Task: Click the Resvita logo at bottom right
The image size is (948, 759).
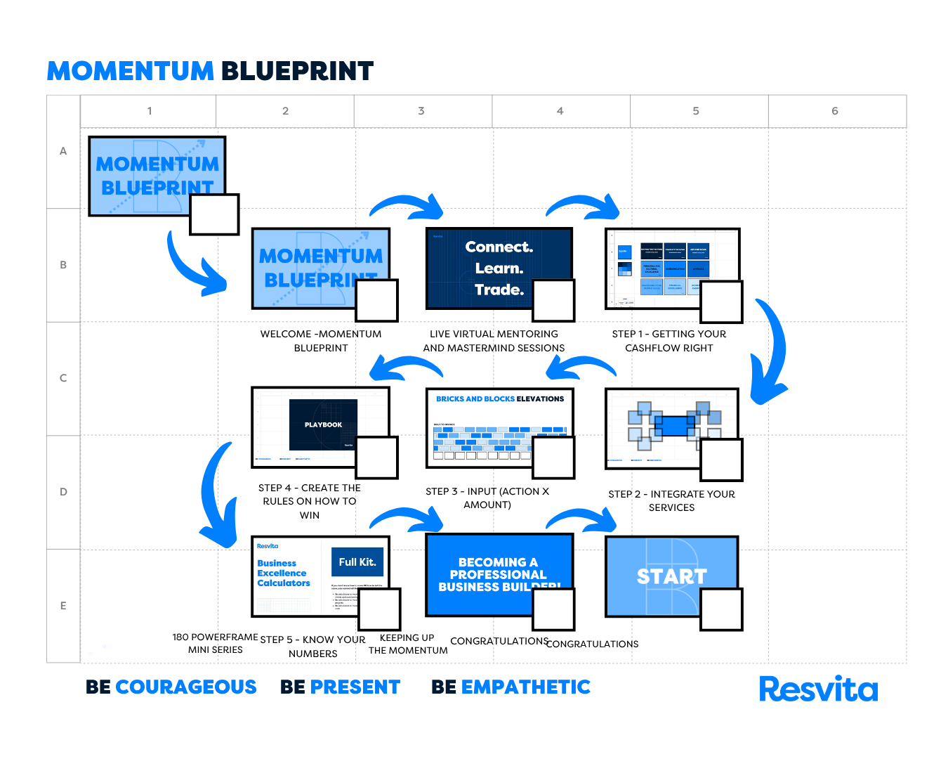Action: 818,689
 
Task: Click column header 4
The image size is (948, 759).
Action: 560,111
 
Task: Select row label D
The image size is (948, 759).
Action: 63,492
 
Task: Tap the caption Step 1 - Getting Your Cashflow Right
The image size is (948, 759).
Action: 669,341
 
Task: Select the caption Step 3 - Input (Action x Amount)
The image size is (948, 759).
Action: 487,498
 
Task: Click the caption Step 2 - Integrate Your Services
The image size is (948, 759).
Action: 671,501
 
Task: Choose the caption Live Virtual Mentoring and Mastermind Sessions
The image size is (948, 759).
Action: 494,341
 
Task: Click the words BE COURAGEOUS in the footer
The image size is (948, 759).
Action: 171,687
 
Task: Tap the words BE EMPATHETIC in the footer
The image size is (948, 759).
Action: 511,687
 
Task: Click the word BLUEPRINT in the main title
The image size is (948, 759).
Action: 297,71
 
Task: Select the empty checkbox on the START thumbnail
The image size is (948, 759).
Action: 721,609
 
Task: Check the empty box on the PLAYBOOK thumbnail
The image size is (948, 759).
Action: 377,458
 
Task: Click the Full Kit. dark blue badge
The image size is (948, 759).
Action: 357,562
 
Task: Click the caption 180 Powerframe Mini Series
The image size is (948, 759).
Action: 215,643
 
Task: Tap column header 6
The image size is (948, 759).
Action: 835,111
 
